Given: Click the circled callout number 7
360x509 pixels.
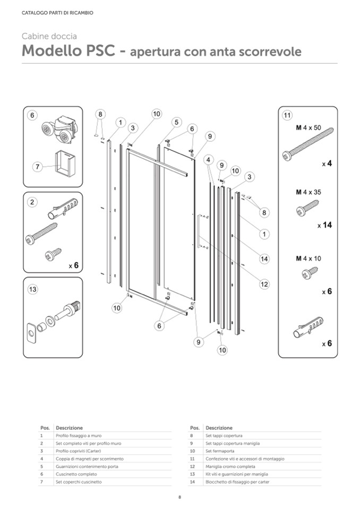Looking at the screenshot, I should pyautogui.click(x=37, y=167).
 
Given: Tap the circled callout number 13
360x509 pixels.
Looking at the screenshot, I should pyautogui.click(x=32, y=289).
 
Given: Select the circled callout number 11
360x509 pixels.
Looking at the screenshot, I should pyautogui.click(x=287, y=115).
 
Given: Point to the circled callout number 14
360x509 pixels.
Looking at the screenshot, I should pyautogui.click(x=264, y=259).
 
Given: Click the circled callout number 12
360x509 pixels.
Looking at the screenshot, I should pyautogui.click(x=264, y=284).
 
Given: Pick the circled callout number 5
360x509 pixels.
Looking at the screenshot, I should pyautogui.click(x=176, y=122).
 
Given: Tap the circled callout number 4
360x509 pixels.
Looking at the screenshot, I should pyautogui.click(x=209, y=159).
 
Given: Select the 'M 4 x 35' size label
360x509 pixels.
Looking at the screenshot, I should pyautogui.click(x=308, y=192).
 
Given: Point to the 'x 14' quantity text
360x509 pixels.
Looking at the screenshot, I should pyautogui.click(x=324, y=225).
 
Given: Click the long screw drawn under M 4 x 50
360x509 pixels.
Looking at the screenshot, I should pyautogui.click(x=308, y=143).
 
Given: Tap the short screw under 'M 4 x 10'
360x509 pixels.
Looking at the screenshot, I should pyautogui.click(x=310, y=273).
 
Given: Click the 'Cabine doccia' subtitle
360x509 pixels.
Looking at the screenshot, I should pyautogui.click(x=49, y=37).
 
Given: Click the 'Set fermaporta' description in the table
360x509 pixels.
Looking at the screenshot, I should pyautogui.click(x=220, y=451).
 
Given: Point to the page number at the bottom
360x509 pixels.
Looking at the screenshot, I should pyautogui.click(x=180, y=497).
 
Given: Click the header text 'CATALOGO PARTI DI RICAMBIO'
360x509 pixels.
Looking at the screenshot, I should pyautogui.click(x=57, y=13).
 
